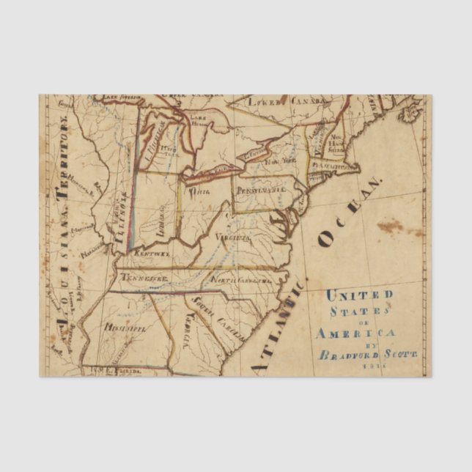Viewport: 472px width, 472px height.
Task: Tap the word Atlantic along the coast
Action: tap(276, 327)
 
